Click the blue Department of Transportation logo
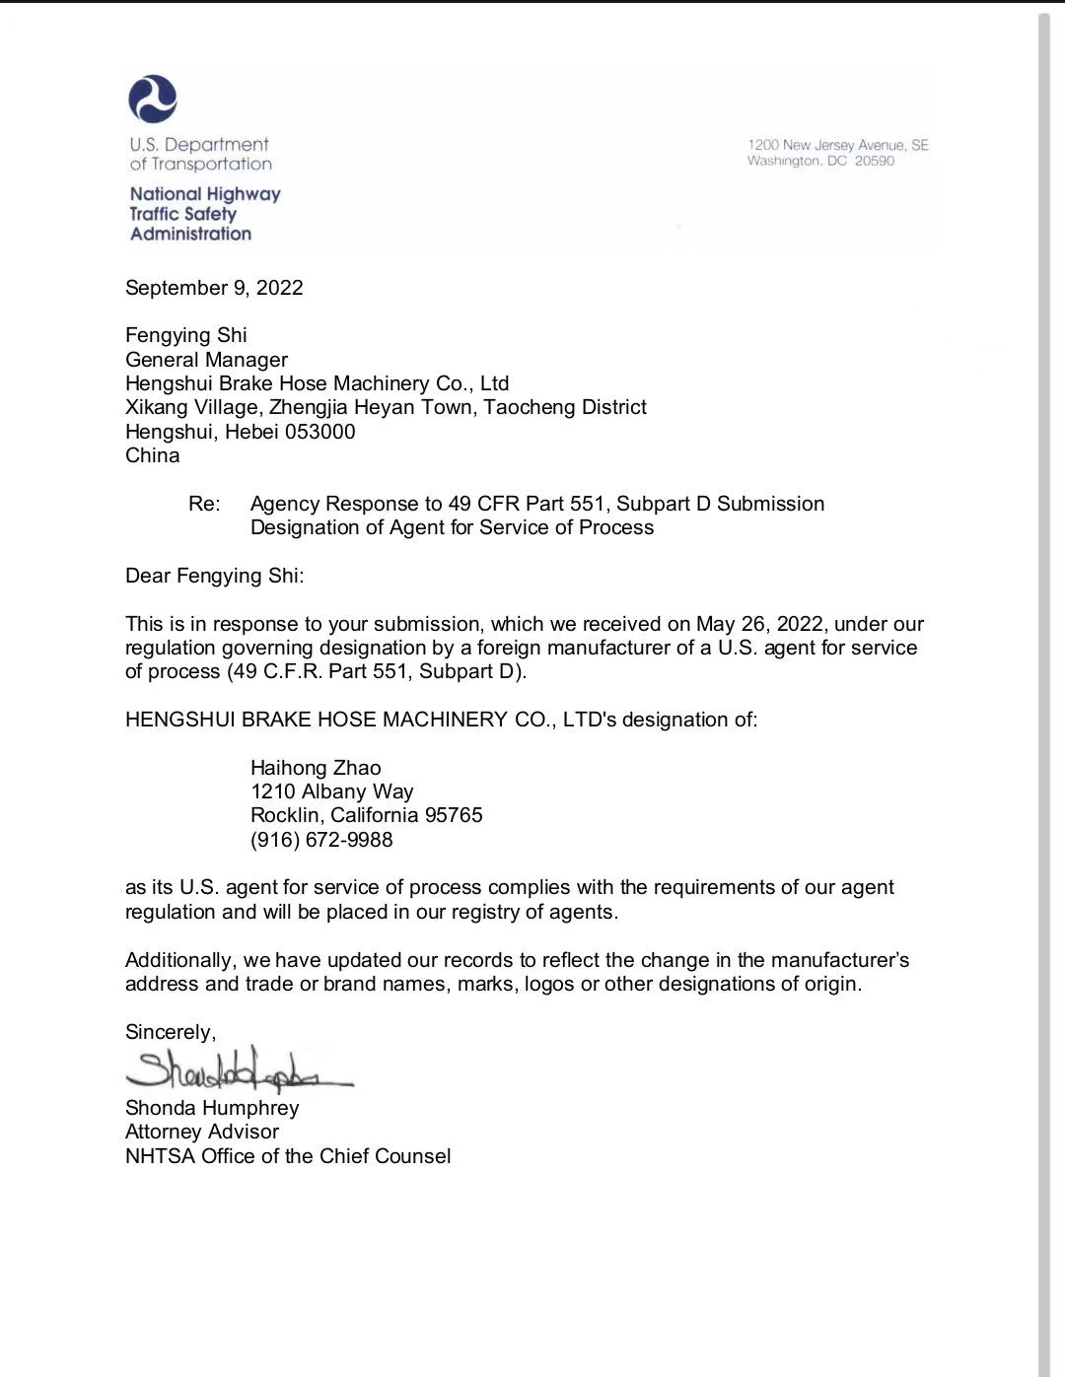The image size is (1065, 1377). pos(153,100)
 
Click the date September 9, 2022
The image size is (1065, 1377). pos(214,288)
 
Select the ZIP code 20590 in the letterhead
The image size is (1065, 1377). pos(875,161)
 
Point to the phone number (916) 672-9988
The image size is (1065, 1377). pos(321,840)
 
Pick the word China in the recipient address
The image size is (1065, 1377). pos(153,455)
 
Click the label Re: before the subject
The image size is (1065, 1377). pos(204,504)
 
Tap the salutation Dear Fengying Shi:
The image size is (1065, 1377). pos(214,576)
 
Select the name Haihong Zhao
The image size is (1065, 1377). pos(316,768)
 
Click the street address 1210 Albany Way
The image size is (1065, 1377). pos(332,792)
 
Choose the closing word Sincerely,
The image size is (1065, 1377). pos(171,1032)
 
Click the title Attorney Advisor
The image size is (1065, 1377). pos(202,1132)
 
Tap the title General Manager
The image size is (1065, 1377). pos(206,360)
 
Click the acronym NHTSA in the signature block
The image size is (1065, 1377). pos(160,1156)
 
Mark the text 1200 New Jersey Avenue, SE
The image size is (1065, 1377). pos(838,145)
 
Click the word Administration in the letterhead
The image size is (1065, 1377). pos(190,234)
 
